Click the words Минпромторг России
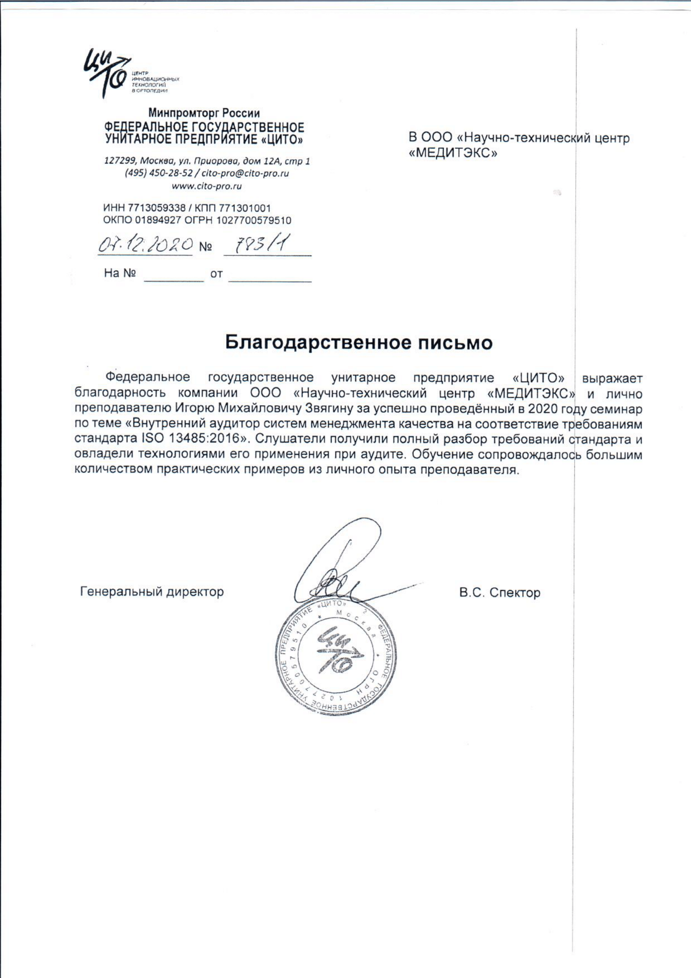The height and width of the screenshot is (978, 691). click(204, 113)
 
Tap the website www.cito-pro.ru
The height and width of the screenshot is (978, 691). click(207, 186)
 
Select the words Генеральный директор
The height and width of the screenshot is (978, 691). click(152, 592)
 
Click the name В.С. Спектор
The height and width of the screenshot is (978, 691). click(500, 592)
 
